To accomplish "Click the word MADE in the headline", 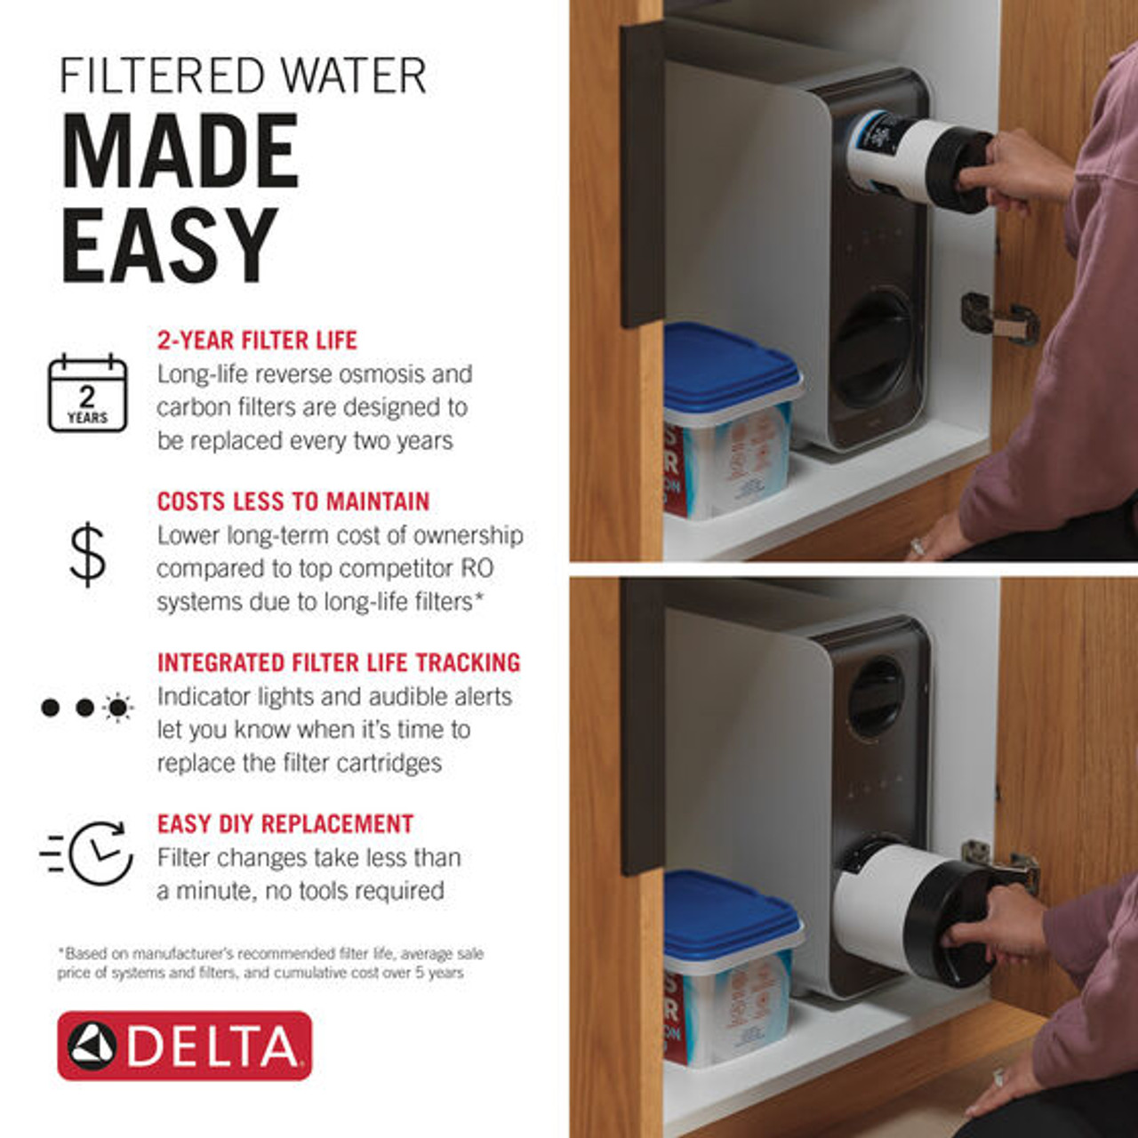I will coord(180,152).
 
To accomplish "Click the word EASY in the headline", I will coord(169,245).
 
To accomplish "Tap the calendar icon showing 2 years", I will coord(87,393).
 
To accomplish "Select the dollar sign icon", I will coord(87,555).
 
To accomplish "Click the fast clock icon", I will coord(89,853).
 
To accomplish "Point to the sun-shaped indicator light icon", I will coord(117,708).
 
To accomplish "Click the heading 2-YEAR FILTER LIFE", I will coord(257,341).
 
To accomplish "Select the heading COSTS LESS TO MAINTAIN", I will coord(293,501).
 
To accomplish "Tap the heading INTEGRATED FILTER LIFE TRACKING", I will coord(338,663).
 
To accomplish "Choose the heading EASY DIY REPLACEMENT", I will coord(284,824).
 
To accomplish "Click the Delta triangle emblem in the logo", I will coord(92,1046).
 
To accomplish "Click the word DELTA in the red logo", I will coord(213,1046).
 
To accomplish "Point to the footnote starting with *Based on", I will coord(270,963).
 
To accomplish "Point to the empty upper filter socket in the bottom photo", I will coord(876,699).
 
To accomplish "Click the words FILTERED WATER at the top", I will coord(242,76).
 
